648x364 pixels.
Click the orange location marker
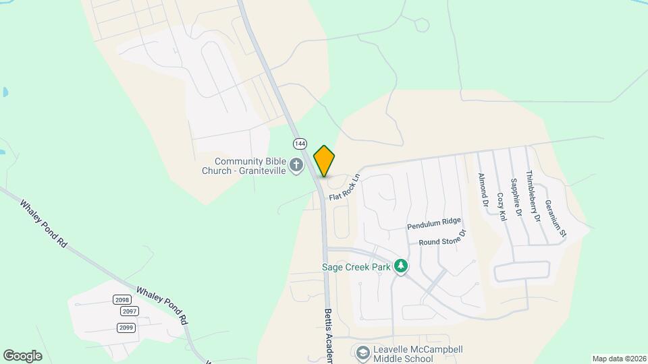click(x=325, y=161)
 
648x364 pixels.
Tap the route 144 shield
click(x=300, y=144)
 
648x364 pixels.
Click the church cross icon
click(x=296, y=165)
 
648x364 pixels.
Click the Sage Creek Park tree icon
click(x=402, y=266)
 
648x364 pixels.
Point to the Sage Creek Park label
click(x=357, y=266)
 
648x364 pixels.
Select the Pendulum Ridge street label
click(x=433, y=221)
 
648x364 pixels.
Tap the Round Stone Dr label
click(x=442, y=238)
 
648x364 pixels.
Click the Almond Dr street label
click(x=483, y=189)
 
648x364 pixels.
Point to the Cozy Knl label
click(x=501, y=206)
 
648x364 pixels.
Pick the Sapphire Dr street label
click(x=516, y=197)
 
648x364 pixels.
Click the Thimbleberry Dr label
click(x=533, y=195)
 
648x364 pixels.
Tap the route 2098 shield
click(x=122, y=300)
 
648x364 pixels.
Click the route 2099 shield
click(x=126, y=328)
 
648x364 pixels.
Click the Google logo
click(x=22, y=356)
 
